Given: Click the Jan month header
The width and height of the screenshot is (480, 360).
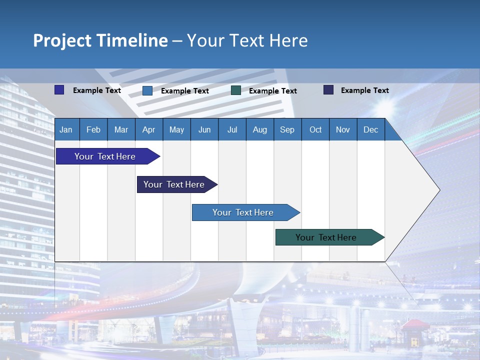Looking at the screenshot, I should click(x=66, y=129).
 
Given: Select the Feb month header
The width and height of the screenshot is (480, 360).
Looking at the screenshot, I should click(x=93, y=129).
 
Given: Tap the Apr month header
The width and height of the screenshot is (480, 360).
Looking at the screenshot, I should click(x=148, y=129).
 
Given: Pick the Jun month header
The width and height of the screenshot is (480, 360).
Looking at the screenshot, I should click(x=204, y=129).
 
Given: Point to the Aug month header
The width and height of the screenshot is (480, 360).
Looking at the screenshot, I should click(x=259, y=129).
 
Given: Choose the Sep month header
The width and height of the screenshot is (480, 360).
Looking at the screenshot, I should click(x=287, y=129).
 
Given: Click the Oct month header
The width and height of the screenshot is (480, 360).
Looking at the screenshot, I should click(x=315, y=129).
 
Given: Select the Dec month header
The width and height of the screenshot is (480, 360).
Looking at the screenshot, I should click(x=370, y=129).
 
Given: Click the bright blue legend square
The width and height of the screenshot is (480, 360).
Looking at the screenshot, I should click(x=59, y=90).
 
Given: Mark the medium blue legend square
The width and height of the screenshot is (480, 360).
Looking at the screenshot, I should click(x=147, y=90).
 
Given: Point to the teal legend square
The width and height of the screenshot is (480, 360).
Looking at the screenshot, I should click(x=236, y=90).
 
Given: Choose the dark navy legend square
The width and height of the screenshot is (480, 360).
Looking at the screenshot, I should click(x=328, y=90).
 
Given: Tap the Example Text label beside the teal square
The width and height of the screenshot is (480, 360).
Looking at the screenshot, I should click(x=272, y=91).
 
